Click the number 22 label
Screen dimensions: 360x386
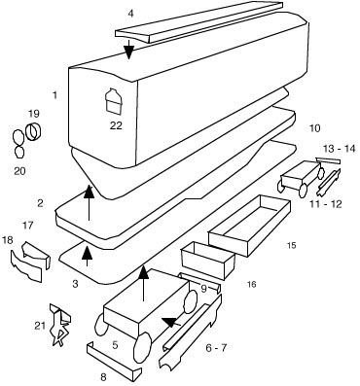[x=116, y=125]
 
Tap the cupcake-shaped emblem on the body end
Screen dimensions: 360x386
[x=114, y=101]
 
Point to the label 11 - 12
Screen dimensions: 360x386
[x=325, y=204]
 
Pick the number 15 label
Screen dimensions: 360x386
[x=291, y=245]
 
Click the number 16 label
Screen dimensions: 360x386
[x=251, y=284]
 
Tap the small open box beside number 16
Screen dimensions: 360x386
[x=208, y=260]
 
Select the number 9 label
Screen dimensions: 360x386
[x=203, y=289]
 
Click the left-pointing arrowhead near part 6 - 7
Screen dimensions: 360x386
[x=169, y=322]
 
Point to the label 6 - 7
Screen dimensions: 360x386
[x=216, y=348]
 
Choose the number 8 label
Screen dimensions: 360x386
[x=103, y=377]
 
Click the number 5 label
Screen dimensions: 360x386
[x=115, y=345]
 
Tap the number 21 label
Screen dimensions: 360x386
[x=40, y=326]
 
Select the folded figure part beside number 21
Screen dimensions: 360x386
[x=60, y=325]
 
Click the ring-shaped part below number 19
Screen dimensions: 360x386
[x=33, y=132]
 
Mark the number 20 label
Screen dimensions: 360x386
[x=19, y=171]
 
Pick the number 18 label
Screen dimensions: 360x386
[x=8, y=240]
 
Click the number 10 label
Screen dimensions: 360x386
[x=314, y=128]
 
